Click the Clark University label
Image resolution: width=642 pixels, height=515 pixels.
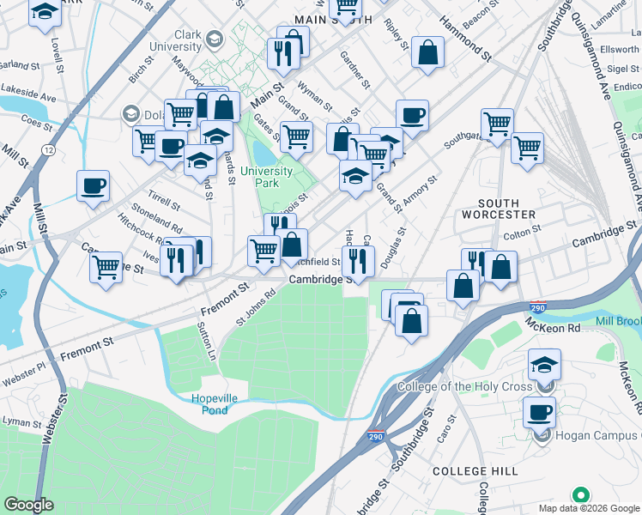click(175, 41)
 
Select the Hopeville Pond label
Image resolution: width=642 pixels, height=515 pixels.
click(197, 404)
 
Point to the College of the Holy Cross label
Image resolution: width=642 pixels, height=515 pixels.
click(469, 386)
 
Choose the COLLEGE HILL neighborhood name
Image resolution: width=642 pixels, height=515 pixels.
click(475, 471)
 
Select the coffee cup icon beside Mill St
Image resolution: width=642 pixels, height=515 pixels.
click(93, 185)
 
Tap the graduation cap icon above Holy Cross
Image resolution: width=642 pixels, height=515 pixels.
click(543, 364)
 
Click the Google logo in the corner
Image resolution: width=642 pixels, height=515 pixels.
click(28, 505)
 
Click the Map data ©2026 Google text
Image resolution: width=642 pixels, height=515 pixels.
click(589, 508)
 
